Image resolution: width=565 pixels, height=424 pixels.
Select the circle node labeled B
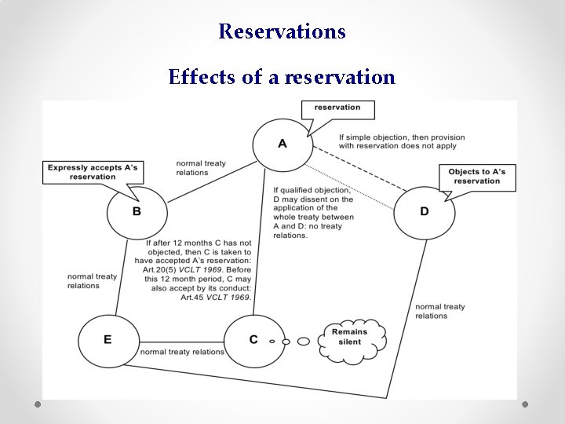137,211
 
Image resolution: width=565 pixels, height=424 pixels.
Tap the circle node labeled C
253,339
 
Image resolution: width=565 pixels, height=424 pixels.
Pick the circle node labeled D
424,211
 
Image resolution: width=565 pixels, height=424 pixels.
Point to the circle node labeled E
108,339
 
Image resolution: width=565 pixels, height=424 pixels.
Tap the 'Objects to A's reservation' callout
476,177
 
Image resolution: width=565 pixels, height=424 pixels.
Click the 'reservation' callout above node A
337,108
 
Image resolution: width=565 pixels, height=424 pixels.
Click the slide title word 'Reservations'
282,31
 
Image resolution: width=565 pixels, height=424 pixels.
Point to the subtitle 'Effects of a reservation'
282,77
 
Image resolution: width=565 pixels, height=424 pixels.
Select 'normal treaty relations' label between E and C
182,352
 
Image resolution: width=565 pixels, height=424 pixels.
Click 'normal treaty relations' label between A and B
201,168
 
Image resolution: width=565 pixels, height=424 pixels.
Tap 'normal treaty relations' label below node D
439,311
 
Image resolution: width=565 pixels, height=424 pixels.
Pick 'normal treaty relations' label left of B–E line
92,281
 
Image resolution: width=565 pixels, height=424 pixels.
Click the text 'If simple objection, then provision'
402,137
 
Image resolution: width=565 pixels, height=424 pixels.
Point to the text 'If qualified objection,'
312,190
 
